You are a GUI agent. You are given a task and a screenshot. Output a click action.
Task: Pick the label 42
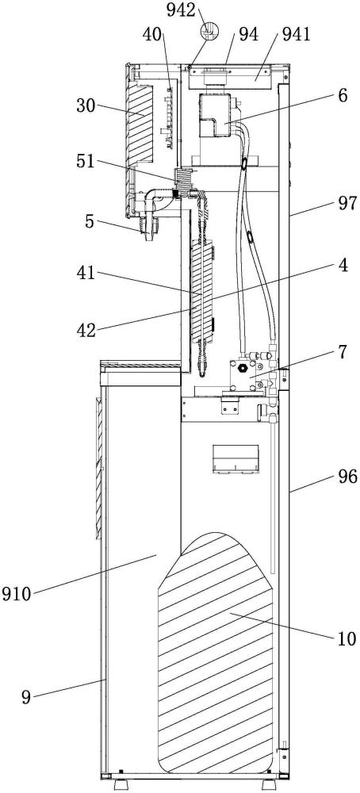[86, 331]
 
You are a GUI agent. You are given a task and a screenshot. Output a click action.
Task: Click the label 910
[16, 592]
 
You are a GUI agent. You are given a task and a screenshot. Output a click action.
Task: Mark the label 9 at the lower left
[26, 698]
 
